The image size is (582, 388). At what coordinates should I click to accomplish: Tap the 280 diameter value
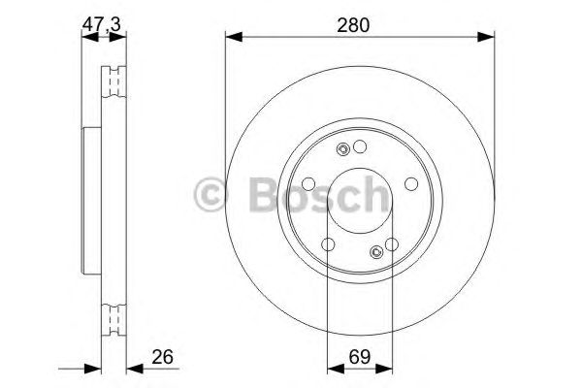(353, 26)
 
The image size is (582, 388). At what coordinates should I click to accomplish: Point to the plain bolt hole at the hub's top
(360, 147)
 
